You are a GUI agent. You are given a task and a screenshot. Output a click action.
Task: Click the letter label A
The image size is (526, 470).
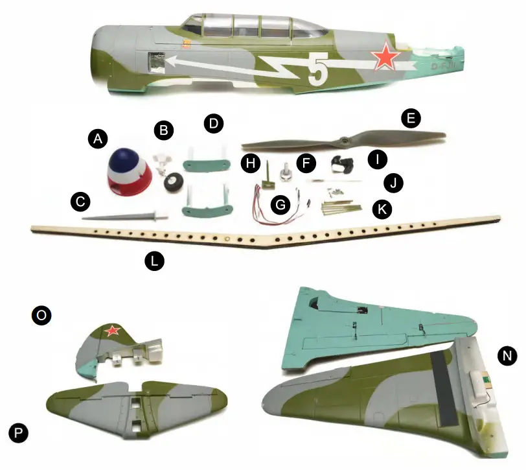tap(98, 138)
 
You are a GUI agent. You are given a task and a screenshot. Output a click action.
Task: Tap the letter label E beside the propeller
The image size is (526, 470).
tap(411, 119)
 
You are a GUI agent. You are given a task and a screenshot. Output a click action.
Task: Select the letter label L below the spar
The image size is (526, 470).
tap(154, 261)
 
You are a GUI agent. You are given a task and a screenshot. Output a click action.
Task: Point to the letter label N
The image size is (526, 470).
tap(507, 355)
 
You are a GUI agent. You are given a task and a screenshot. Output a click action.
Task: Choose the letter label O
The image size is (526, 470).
tap(41, 316)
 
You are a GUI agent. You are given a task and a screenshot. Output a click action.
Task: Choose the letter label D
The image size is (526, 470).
tap(212, 123)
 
